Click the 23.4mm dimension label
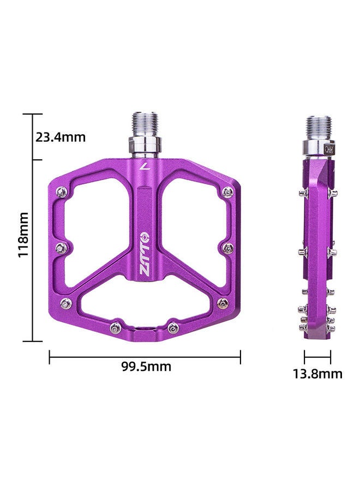[61, 137]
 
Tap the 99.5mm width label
[146, 367]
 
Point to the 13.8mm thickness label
[318, 374]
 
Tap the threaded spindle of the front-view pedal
[145, 124]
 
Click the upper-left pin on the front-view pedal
[62, 191]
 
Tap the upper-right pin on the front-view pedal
[228, 191]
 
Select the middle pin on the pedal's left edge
[62, 248]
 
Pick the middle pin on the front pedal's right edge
[229, 248]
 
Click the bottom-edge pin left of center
[116, 327]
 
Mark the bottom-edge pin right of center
[173, 327]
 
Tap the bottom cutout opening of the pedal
[145, 306]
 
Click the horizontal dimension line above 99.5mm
[145, 357]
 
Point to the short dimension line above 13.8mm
[318, 357]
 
